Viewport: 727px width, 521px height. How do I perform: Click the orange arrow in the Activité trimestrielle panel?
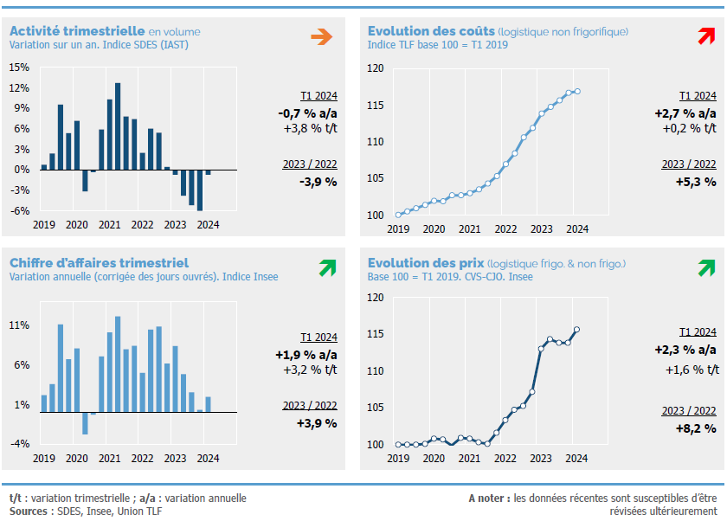[x=322, y=36]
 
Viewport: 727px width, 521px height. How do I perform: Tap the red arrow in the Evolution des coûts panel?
[x=706, y=36]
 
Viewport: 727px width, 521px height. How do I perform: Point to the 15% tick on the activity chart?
[x=19, y=67]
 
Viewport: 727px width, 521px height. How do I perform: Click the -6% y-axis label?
[x=21, y=210]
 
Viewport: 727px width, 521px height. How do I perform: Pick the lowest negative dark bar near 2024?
[x=200, y=190]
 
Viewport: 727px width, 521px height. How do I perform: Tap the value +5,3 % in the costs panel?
[x=696, y=182]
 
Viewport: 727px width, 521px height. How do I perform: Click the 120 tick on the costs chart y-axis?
[x=376, y=68]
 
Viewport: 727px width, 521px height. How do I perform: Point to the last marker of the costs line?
[x=577, y=92]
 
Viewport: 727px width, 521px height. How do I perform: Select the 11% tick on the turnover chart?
[x=20, y=325]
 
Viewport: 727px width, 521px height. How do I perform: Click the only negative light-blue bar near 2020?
[x=85, y=422]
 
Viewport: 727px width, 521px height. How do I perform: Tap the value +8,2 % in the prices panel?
[x=696, y=428]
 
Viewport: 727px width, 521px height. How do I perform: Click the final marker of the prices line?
[x=576, y=330]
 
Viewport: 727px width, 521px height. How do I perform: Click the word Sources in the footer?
[x=29, y=511]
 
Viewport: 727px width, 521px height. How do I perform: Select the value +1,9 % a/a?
[x=306, y=354]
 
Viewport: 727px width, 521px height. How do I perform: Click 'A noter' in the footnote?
[x=487, y=498]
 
